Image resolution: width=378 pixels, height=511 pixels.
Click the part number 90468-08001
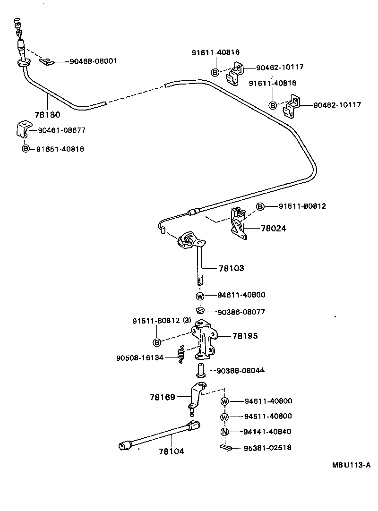pos(93,61)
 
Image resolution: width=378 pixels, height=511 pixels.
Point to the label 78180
pos(48,114)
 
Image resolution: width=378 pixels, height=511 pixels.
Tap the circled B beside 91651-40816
pos(26,149)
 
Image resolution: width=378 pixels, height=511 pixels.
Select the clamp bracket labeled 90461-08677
pos(24,129)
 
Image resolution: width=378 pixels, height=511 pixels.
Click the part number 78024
pos(274,229)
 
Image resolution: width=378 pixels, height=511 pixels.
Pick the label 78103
pos(231,268)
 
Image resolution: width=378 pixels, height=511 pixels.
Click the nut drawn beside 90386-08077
pos(200,311)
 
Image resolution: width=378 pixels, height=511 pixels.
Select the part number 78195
pos(245,336)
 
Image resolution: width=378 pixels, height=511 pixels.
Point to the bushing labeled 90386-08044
pos(199,370)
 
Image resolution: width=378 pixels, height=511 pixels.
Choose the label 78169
pos(163,397)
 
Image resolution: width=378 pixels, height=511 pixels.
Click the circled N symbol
pos(224,432)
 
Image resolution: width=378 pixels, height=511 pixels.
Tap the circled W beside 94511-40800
pos(224,417)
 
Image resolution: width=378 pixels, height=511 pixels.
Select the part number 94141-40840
pos(268,432)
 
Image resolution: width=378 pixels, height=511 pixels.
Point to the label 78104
pos(172,451)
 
